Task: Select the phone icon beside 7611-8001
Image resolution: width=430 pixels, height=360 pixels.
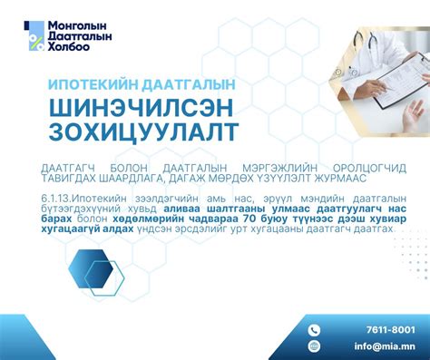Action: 315,330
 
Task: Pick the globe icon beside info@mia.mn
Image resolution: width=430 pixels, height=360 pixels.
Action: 315,345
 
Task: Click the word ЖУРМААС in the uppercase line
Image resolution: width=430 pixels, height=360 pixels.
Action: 358,179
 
